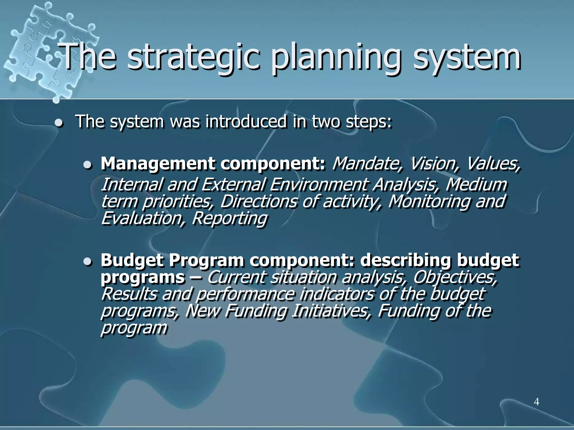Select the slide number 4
(536, 402)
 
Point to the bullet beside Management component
(88, 165)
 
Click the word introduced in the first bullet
(246, 122)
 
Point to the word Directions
(258, 202)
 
